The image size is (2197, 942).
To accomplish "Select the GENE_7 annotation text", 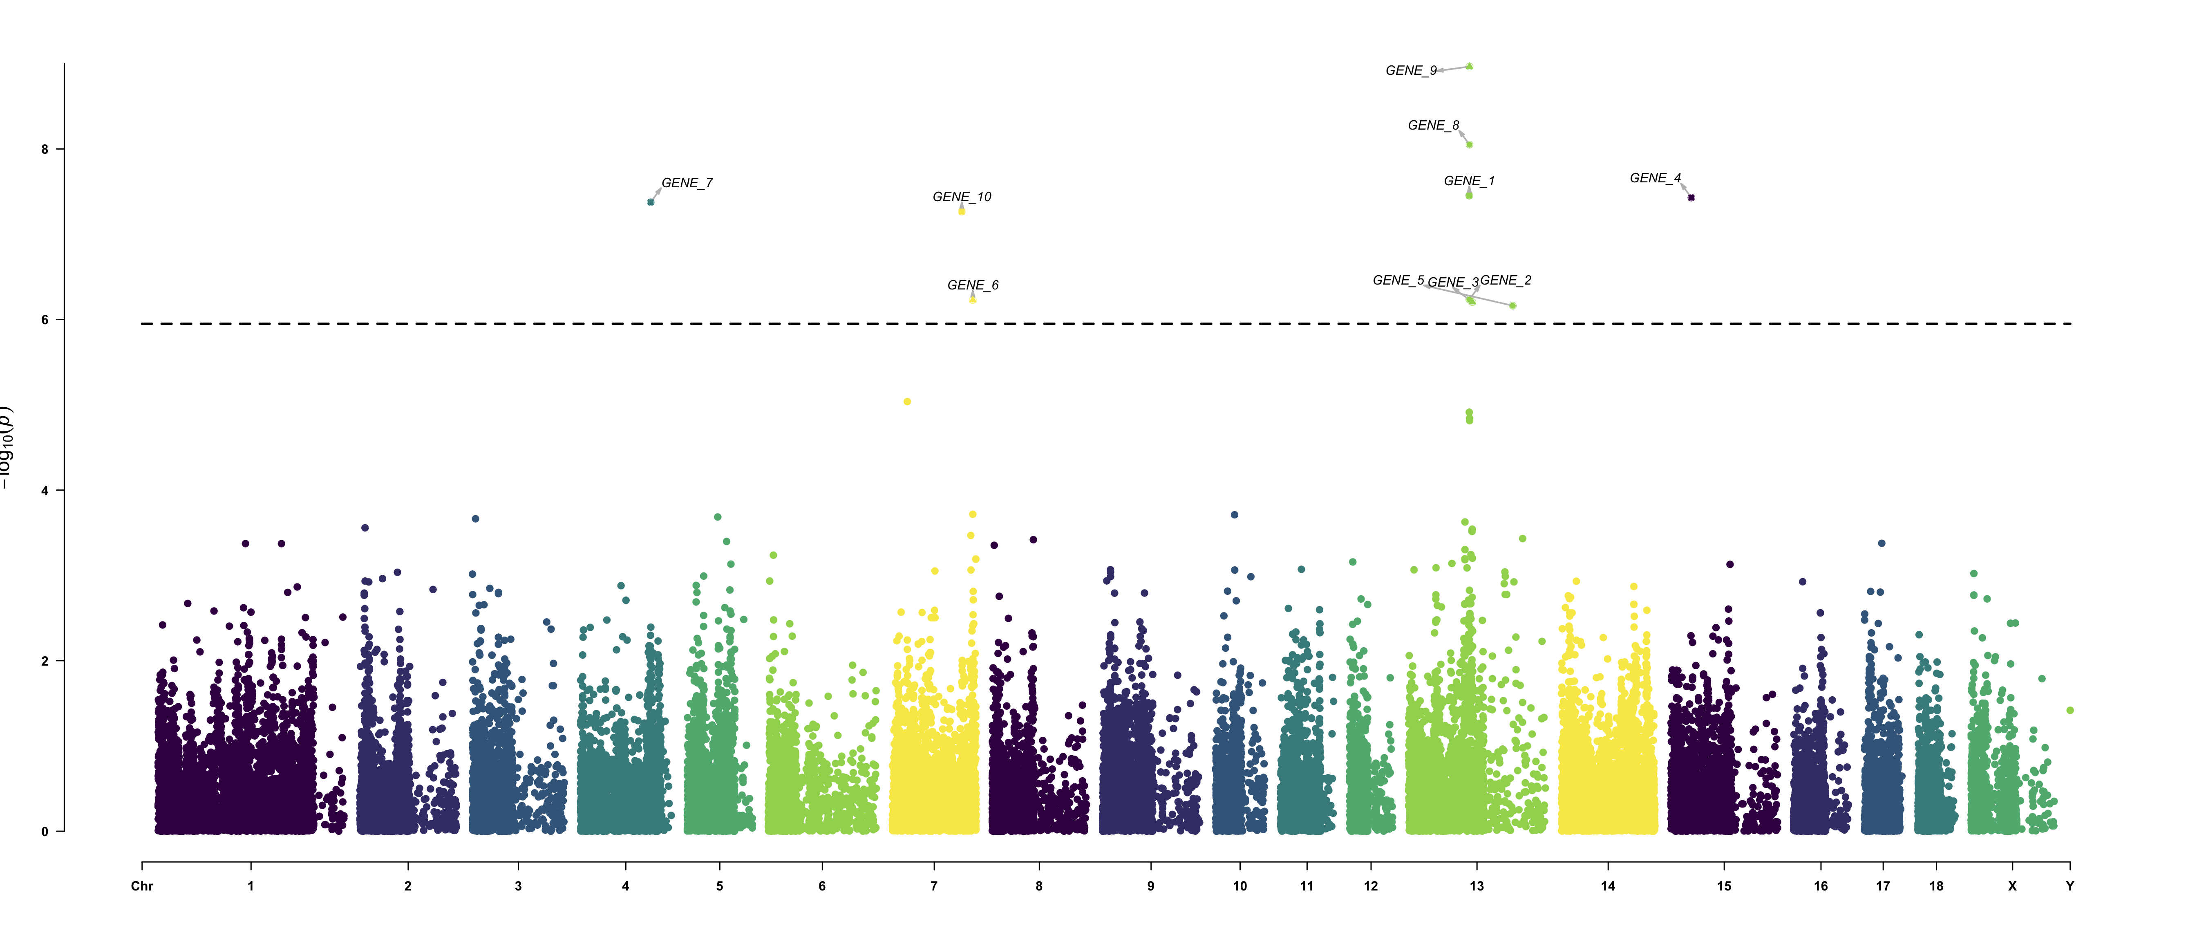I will (687, 183).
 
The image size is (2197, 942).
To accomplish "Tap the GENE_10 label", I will (961, 197).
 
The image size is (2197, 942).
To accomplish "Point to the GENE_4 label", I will (1655, 178).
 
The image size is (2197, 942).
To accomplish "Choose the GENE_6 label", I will (972, 285).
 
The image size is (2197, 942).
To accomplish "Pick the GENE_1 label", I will (1469, 181).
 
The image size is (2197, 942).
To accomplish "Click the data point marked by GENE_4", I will (1691, 198).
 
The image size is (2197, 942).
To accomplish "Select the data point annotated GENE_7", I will (651, 202).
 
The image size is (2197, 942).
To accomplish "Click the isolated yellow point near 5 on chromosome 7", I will (908, 402).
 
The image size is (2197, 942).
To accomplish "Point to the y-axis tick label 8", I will (45, 149).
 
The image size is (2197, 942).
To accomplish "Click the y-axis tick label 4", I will (45, 491).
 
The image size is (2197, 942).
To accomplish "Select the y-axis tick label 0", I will (45, 832).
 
